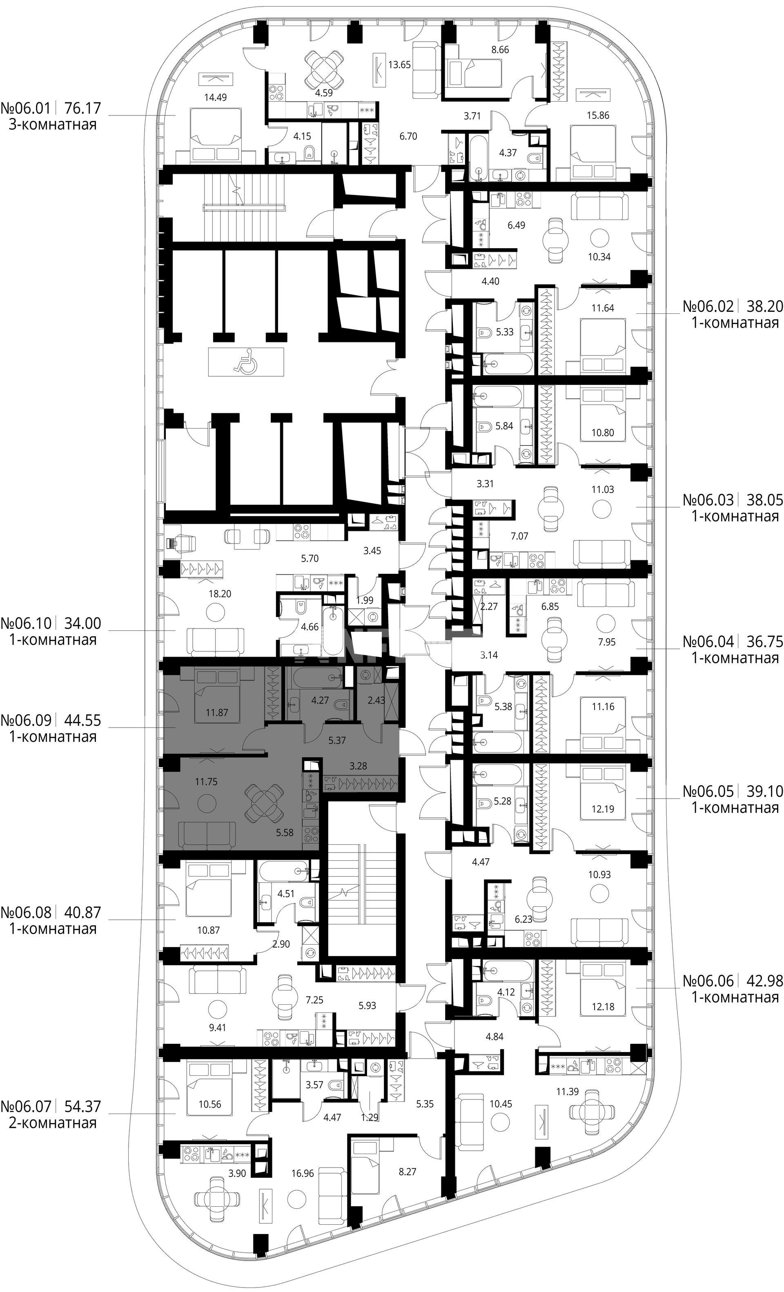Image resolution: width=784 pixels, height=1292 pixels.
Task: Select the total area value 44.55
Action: pos(82,720)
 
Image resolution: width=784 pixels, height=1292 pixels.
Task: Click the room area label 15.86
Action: pos(598,115)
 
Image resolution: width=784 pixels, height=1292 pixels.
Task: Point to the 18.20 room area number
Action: pos(219,594)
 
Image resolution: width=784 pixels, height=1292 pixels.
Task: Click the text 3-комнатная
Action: pos(53,125)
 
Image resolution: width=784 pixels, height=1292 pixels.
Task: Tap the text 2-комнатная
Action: pos(53,1123)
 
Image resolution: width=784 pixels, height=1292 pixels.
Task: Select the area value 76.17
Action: pos(82,109)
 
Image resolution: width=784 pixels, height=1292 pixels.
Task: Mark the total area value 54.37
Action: pos(82,1106)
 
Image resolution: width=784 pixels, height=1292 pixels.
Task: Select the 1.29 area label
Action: pos(370,1117)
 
